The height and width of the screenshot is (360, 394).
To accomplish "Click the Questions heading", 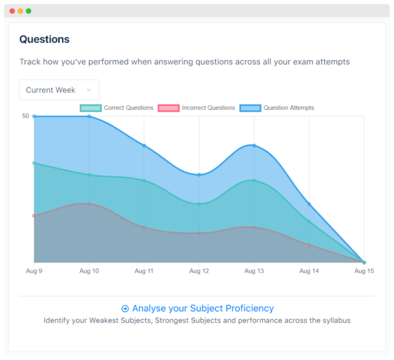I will (44, 39).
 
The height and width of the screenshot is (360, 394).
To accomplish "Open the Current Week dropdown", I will (59, 90).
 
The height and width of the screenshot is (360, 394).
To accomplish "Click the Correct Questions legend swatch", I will (90, 108).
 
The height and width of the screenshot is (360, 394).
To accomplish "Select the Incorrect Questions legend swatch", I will (169, 108).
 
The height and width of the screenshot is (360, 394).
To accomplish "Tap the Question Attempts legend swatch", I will (250, 108).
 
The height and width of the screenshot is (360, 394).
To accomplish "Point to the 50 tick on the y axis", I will (25, 116).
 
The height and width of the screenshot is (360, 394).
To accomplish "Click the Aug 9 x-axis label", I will (34, 271).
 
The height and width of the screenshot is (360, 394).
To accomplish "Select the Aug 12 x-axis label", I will (199, 271).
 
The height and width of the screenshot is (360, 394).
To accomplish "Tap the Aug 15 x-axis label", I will (364, 271).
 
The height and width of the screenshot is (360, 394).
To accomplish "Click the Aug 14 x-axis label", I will (309, 271).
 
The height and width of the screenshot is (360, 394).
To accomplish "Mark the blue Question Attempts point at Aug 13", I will (254, 145).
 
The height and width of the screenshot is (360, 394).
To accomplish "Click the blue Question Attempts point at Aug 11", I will (144, 145).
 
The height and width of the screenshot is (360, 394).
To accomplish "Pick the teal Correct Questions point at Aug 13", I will (254, 181).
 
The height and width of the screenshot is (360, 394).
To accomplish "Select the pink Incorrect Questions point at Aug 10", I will (89, 204).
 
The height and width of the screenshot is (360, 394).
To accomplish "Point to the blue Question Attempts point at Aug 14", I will (309, 204).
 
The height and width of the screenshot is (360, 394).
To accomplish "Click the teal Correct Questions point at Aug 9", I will (34, 163).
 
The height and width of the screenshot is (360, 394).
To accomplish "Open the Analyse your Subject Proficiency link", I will (203, 308).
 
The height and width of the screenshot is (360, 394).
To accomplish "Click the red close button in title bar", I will (12, 11).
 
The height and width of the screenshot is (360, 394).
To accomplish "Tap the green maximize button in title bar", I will (28, 11).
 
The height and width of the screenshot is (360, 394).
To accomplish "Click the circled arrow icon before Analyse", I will (125, 309).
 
